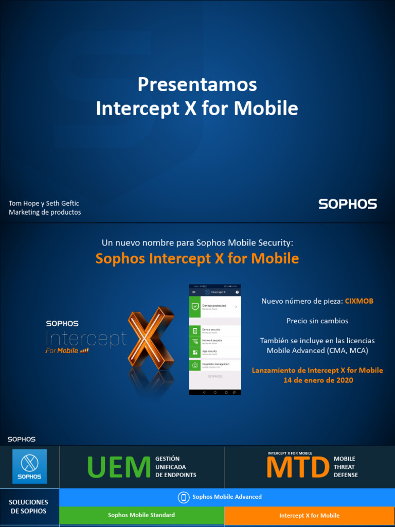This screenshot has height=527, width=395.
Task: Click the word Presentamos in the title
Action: [x=197, y=84]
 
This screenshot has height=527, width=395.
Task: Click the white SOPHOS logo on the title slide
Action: [x=348, y=204]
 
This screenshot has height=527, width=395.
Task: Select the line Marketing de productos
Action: [x=45, y=212]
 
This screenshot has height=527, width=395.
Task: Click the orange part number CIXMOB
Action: [x=359, y=301]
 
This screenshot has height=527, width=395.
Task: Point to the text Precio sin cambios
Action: [x=317, y=321]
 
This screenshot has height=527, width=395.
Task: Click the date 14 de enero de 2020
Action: [x=317, y=380]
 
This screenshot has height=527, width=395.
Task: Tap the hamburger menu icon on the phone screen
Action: [x=194, y=292]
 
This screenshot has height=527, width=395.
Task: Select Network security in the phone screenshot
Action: [x=212, y=341]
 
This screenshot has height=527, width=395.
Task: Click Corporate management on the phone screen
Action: [x=216, y=364]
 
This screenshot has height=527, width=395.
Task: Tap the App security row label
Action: [x=210, y=352]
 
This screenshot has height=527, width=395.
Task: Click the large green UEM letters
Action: [x=119, y=467]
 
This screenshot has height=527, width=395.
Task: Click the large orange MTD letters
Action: [x=298, y=467]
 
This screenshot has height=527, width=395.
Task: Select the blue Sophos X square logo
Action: [x=29, y=466]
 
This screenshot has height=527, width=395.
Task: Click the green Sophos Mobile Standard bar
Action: [x=141, y=515]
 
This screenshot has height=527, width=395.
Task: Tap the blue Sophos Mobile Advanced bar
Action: [x=226, y=497]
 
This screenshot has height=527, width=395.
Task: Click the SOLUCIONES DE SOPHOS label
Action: [x=29, y=506]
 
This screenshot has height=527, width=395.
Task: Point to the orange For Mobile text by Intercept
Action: [x=62, y=350]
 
